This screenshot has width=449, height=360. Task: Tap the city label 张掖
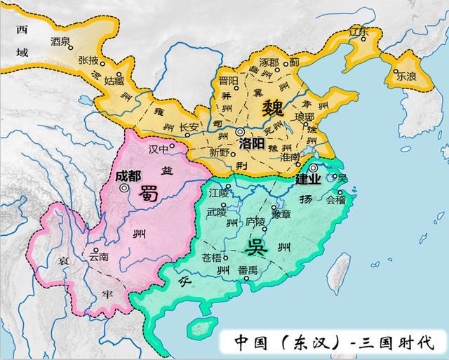88,59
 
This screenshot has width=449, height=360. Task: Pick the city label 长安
189,127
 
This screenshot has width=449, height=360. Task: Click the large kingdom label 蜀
148,192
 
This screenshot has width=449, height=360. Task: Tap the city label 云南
99,258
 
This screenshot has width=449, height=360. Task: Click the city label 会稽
336,200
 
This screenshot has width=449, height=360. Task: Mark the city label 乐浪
406,77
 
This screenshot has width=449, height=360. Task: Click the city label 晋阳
229,80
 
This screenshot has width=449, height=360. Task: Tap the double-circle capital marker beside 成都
123,188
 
